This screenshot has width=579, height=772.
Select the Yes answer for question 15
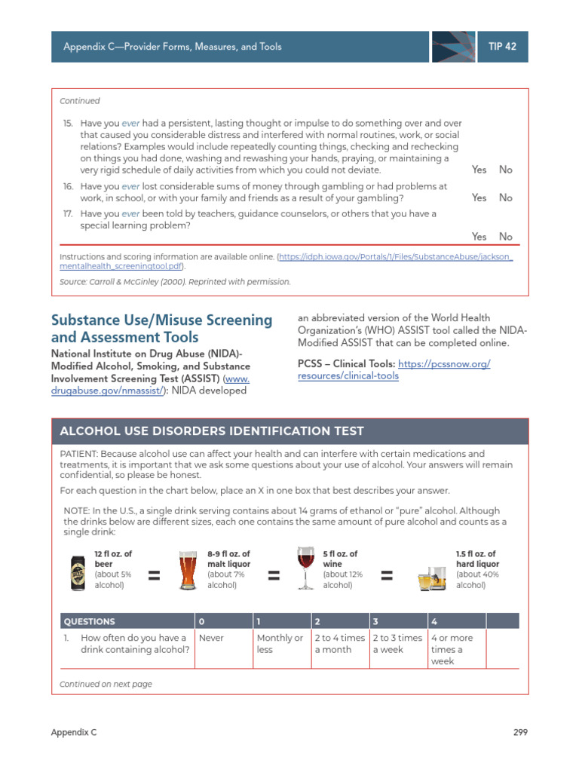pyautogui.click(x=479, y=170)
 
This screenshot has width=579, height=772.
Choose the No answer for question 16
pyautogui.click(x=505, y=198)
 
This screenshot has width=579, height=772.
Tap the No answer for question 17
pyautogui.click(x=505, y=237)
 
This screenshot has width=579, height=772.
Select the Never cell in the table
pyautogui.click(x=213, y=638)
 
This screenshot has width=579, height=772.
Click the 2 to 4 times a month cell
pyautogui.click(x=339, y=644)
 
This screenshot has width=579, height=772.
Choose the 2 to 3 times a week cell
pyautogui.click(x=397, y=644)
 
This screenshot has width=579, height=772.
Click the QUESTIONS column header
pyautogui.click(x=90, y=621)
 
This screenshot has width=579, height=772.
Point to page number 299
pyautogui.click(x=519, y=732)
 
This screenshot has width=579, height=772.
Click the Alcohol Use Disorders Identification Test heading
pyautogui.click(x=212, y=431)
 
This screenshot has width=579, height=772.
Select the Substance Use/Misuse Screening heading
pyautogui.click(x=161, y=328)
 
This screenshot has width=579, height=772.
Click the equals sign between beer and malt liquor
pyautogui.click(x=154, y=576)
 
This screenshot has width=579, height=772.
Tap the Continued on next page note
pyautogui.click(x=106, y=684)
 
